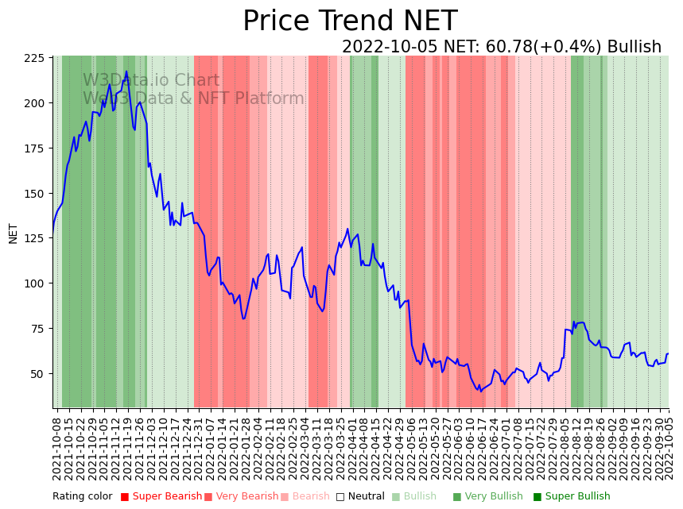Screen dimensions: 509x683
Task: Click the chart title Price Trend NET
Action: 350,21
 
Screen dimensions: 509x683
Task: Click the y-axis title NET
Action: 13,233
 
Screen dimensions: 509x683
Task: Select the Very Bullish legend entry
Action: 487,497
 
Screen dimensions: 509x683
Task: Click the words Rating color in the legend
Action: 83,497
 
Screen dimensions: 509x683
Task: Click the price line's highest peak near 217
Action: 126,71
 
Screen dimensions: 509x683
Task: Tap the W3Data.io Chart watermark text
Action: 151,80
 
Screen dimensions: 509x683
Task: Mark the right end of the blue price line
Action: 669,353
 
